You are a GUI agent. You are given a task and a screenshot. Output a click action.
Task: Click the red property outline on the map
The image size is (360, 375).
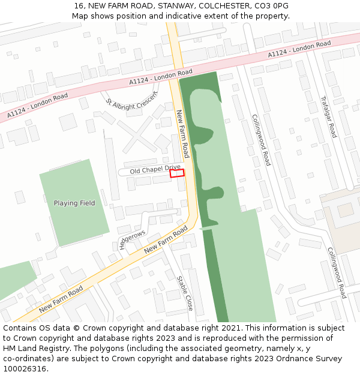(x=176, y=173)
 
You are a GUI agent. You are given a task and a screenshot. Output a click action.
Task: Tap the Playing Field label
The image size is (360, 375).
(x=74, y=203)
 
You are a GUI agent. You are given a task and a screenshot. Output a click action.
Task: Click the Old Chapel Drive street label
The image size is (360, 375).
(x=155, y=170)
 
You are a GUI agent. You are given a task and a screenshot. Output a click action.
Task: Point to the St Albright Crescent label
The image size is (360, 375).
(x=132, y=99)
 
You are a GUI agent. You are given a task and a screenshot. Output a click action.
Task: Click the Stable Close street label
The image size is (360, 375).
(x=185, y=293)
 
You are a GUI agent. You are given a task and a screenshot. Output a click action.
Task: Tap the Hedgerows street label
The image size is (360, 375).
(x=133, y=238)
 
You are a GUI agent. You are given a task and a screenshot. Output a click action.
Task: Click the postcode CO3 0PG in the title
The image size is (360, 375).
(x=272, y=5)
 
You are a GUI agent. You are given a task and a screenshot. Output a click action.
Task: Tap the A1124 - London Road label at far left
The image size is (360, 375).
(x=37, y=106)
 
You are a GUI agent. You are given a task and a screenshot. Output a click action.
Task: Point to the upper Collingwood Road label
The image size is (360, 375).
(x=261, y=140)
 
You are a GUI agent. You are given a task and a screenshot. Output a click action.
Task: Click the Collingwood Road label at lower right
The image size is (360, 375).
(x=337, y=273)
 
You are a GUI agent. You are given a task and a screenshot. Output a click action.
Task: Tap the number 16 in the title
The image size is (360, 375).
(x=79, y=5)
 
